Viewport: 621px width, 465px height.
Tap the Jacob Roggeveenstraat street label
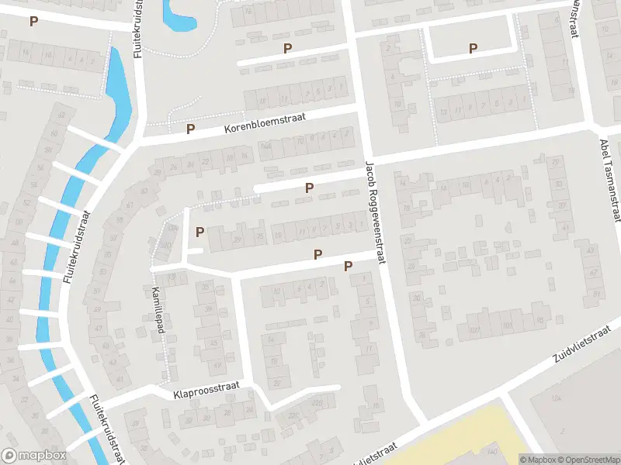[x=375, y=213]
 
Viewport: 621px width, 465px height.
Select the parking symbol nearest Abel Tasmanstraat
[x=473, y=48]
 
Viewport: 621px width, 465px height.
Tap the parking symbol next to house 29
[x=200, y=231]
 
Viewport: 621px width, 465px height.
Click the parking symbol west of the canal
[x=33, y=21]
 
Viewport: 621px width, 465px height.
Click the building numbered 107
[x=476, y=331]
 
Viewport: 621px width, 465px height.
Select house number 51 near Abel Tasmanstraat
[x=596, y=294]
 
